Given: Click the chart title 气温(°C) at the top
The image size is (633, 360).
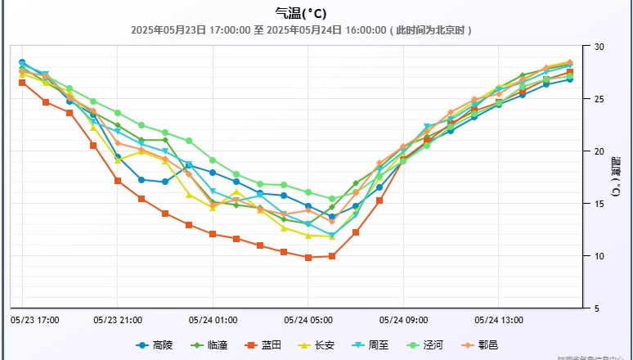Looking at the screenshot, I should tap(302, 12).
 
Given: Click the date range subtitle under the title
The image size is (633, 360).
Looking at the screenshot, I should tap(302, 30).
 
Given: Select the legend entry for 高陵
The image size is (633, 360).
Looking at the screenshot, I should tap(155, 345).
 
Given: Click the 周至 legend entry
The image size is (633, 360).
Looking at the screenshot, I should tap(371, 345).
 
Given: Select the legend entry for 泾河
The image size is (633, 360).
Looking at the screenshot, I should tap(425, 345).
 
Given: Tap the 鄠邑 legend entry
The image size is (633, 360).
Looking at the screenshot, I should tap(479, 345).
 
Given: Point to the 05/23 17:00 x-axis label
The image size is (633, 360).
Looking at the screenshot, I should tap(34, 319).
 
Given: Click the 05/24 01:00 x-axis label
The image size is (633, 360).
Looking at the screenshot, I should tap(213, 319).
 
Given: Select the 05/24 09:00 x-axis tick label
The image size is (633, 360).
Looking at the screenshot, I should tap(403, 319).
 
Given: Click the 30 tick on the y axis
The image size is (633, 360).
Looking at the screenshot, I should tap(599, 47).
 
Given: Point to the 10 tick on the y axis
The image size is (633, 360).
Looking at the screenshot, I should tap(599, 256).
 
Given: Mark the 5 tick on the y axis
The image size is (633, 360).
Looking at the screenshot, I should tap(598, 308).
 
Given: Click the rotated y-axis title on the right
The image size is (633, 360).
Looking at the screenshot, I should tap(616, 177).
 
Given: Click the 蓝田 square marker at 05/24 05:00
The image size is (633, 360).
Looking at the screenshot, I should tap(308, 257).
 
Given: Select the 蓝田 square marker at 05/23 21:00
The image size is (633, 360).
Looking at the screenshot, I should tap(118, 181).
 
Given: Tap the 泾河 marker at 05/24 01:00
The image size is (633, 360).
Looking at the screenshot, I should tap(213, 160).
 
